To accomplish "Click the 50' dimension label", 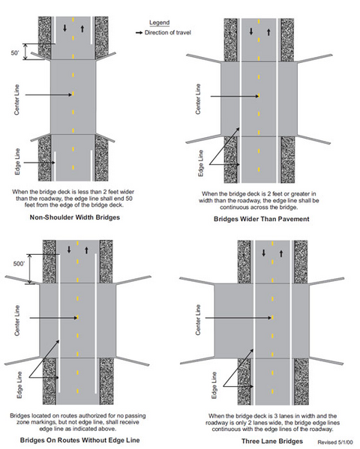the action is (15, 53).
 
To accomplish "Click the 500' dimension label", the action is (19, 264).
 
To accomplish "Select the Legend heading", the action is (159, 22).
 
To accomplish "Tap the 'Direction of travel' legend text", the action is (168, 33).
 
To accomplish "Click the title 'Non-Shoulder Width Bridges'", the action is (75, 217).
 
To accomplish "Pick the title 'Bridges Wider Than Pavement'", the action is (262, 219).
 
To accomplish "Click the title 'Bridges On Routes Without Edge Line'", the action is (80, 440).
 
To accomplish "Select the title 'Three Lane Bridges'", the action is (272, 442).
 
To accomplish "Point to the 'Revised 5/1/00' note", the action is (335, 442).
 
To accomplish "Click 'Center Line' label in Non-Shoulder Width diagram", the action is (17, 100).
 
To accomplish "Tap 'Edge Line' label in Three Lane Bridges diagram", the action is (214, 385).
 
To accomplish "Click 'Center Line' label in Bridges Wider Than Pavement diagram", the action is (198, 99).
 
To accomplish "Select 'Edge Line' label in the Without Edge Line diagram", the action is (19, 385).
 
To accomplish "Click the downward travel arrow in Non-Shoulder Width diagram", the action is (64, 28).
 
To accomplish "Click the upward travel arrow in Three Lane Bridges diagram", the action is (281, 253).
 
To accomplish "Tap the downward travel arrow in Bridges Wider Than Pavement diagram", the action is (251, 31).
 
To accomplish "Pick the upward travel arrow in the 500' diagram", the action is (86, 250).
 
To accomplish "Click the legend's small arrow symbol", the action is (139, 33).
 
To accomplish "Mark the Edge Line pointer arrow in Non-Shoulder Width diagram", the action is (39, 163).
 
